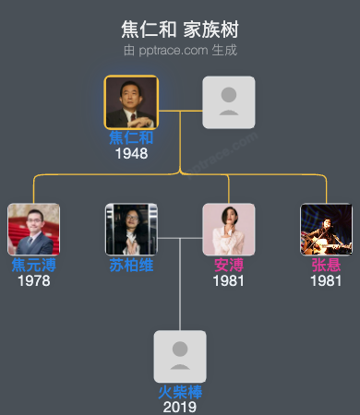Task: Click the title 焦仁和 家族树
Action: point(180,29)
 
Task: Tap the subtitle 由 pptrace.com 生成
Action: point(180,49)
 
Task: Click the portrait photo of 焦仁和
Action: point(131,101)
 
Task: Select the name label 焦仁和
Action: point(131,138)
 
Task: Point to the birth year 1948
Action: point(131,153)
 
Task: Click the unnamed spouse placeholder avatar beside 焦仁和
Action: point(229,101)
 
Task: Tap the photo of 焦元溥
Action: point(33,229)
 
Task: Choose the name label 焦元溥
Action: point(33,266)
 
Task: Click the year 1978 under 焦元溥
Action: point(33,280)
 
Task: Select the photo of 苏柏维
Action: point(131,229)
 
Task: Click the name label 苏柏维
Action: point(131,266)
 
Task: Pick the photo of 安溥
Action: point(229,229)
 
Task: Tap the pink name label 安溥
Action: point(229,266)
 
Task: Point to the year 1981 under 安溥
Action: point(229,280)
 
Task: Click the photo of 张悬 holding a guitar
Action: point(326,229)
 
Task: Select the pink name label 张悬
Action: point(326,266)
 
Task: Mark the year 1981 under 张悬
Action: point(326,280)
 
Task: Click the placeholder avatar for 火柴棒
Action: point(180,356)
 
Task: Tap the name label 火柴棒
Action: point(180,392)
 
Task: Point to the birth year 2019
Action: point(180,407)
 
